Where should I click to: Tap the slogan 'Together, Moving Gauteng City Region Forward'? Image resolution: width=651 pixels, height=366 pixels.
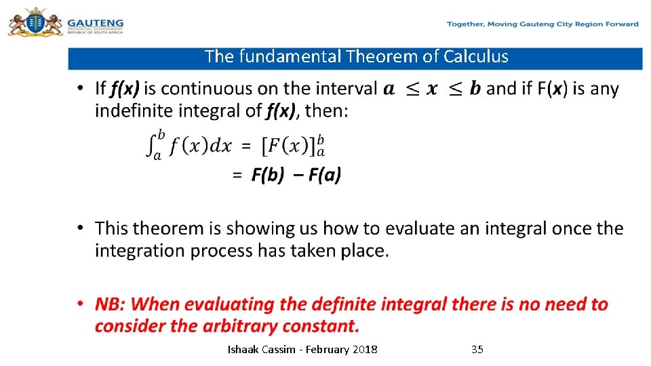(542, 24)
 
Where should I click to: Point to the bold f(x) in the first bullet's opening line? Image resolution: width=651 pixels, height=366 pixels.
(125, 89)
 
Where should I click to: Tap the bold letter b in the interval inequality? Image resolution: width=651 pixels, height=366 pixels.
(475, 89)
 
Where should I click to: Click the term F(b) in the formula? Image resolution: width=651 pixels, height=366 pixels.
(267, 175)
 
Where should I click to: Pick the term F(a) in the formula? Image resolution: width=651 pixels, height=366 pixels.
(324, 175)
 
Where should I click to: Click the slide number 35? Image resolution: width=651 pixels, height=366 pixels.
(477, 350)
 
